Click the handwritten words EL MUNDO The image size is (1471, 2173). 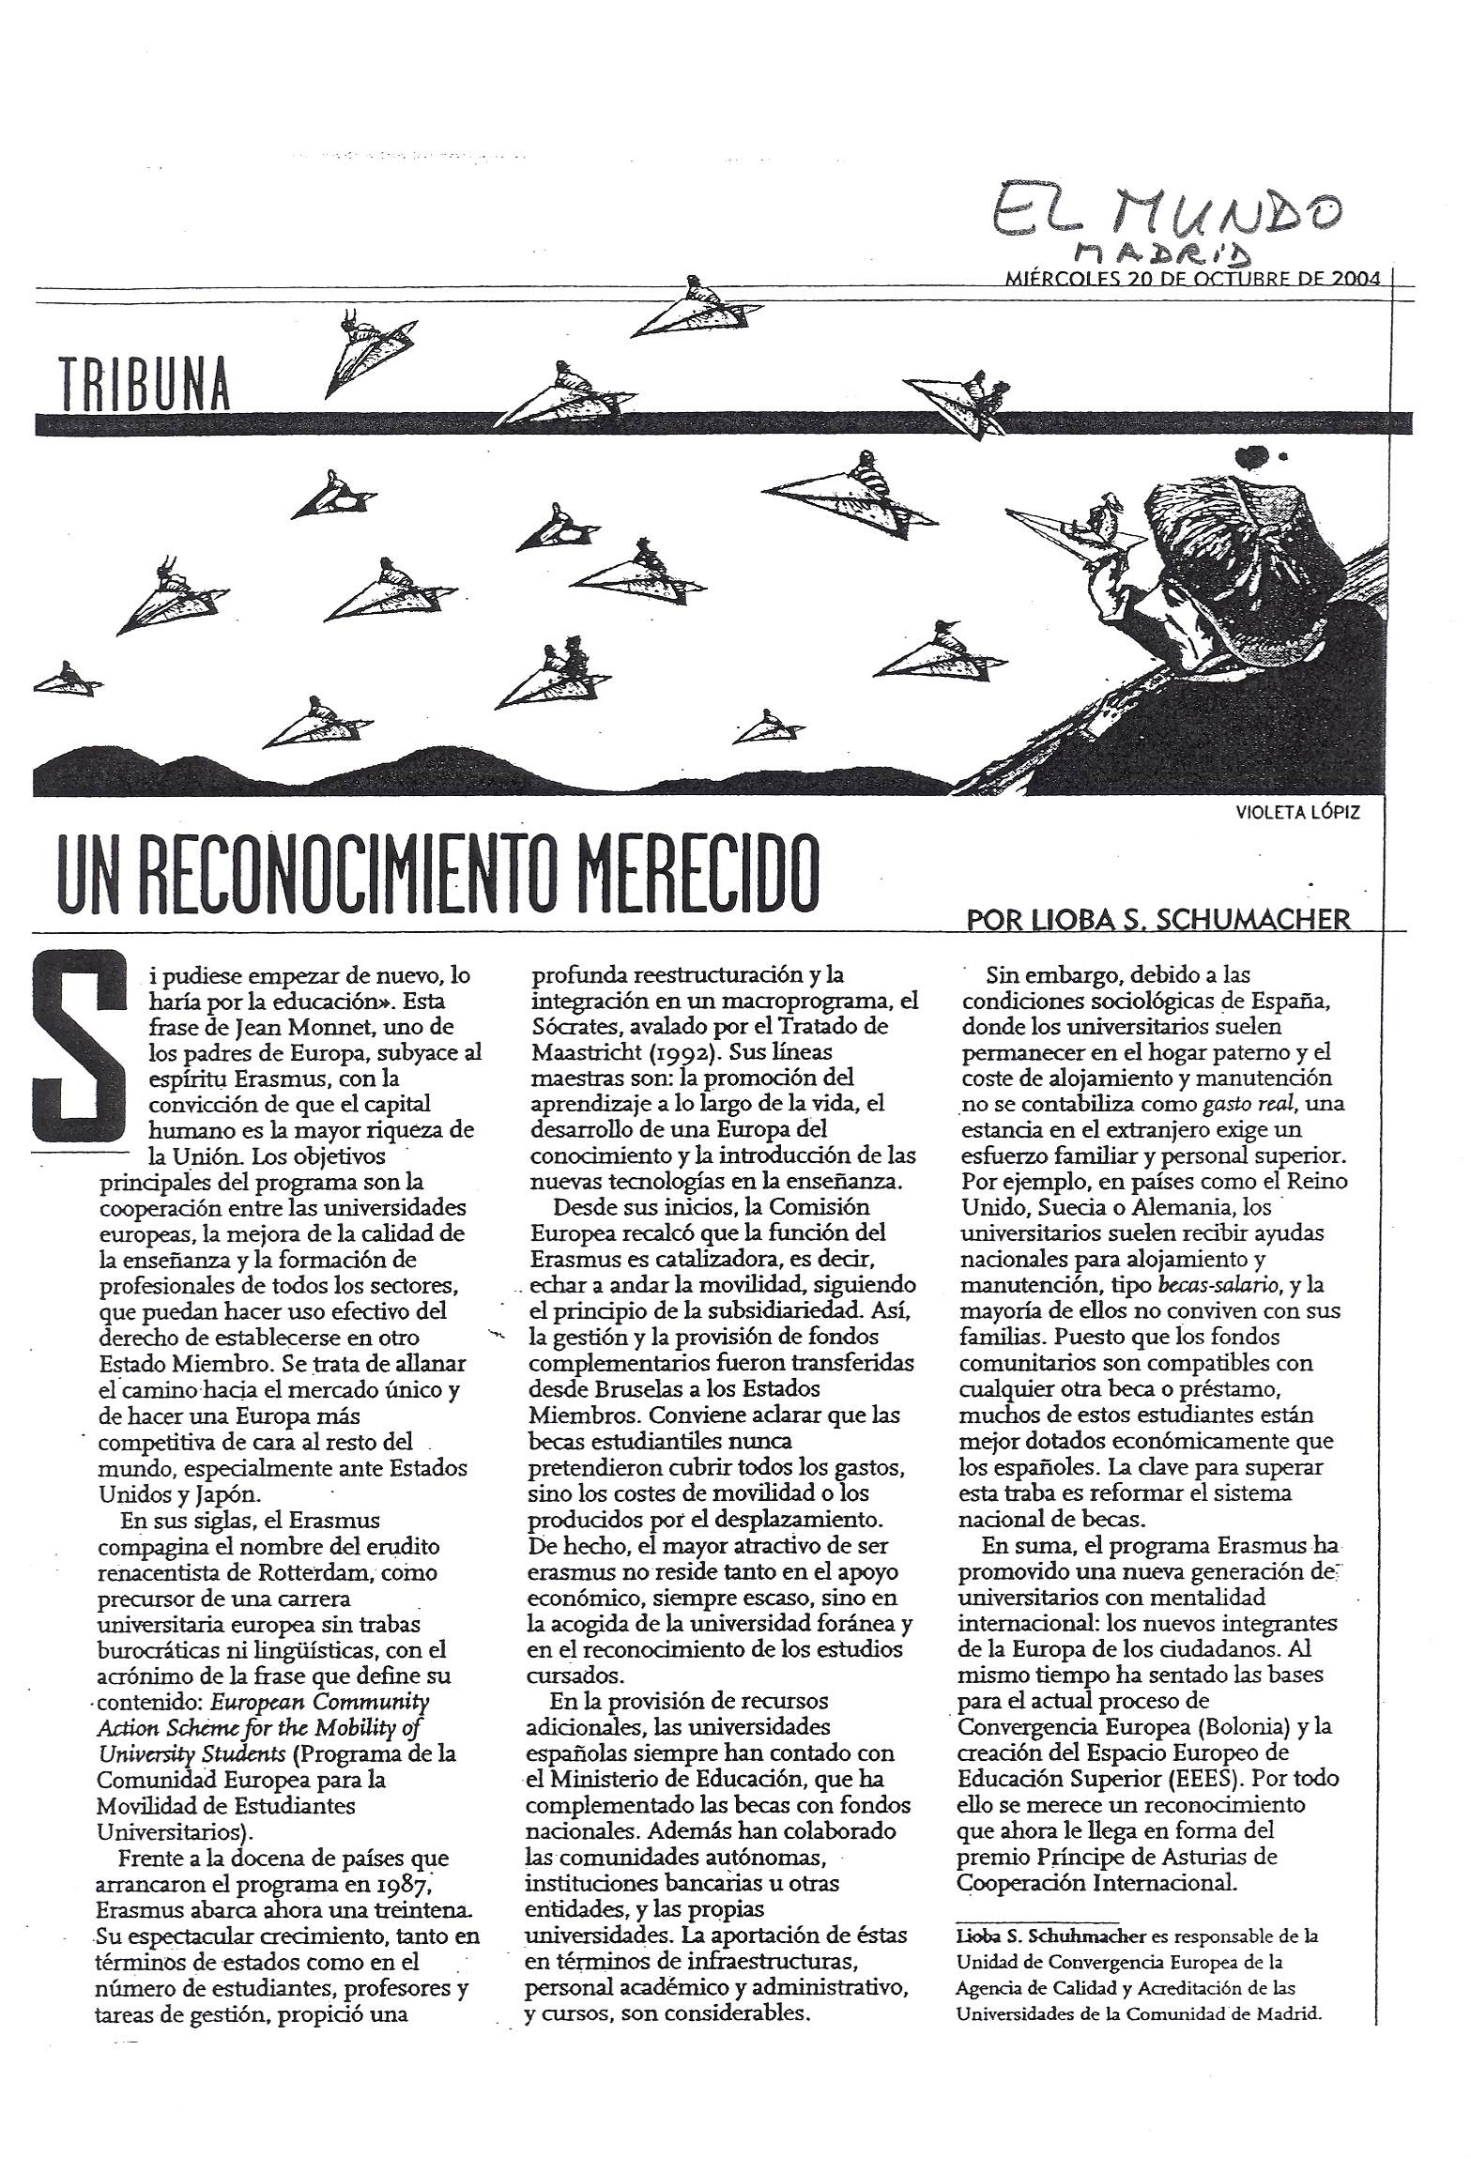(1165, 212)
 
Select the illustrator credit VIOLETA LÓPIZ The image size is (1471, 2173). (1298, 813)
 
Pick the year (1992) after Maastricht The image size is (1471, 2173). (691, 1052)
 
